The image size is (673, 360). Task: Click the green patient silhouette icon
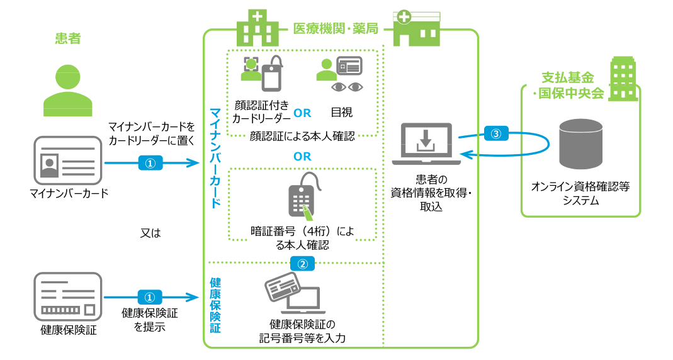[x=67, y=87]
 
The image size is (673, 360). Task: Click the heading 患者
[x=67, y=39]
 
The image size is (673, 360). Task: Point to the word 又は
[x=150, y=233]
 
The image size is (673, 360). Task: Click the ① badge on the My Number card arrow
[x=150, y=163]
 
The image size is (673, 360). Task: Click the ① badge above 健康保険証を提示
[x=150, y=296]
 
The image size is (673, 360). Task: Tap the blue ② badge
[x=302, y=263]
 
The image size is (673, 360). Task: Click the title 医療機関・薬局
[x=336, y=28]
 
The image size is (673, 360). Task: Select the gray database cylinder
[x=580, y=147]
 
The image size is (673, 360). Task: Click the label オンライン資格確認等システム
[x=580, y=193]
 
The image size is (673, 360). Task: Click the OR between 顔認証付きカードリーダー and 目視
[x=303, y=114]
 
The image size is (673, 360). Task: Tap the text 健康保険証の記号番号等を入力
[x=302, y=331]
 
